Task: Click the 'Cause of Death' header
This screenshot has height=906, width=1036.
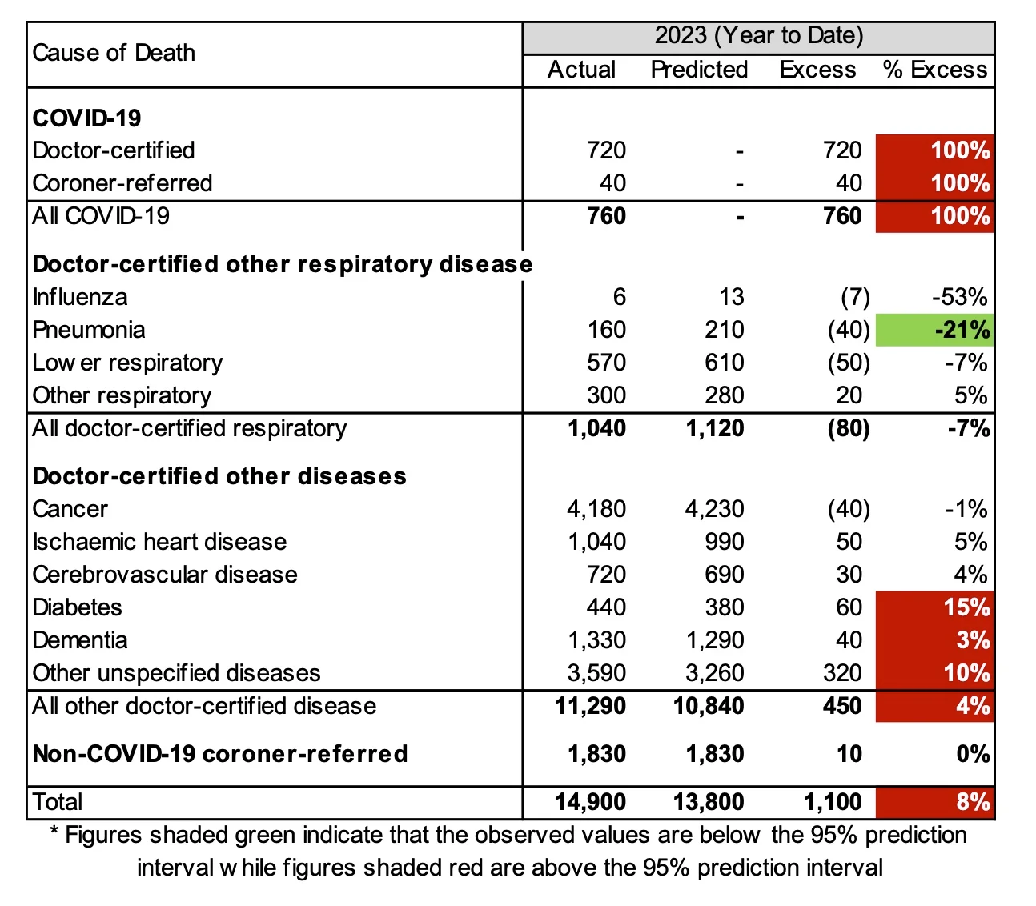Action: click(x=114, y=53)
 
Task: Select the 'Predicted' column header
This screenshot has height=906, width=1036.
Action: click(x=699, y=70)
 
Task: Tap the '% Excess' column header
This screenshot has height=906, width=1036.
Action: click(x=935, y=70)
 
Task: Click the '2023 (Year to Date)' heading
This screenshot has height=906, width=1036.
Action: click(x=758, y=36)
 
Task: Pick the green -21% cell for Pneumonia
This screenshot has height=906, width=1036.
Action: click(x=935, y=330)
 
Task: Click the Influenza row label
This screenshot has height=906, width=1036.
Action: click(x=80, y=297)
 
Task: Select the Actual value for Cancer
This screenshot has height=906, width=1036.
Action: click(x=596, y=509)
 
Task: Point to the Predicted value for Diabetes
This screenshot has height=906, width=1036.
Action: click(x=724, y=607)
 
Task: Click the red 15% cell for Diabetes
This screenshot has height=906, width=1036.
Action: click(x=935, y=607)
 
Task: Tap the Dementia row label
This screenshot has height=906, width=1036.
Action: click(x=80, y=640)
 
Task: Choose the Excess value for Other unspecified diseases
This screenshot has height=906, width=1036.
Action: click(x=842, y=673)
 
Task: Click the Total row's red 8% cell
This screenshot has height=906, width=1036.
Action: click(x=935, y=802)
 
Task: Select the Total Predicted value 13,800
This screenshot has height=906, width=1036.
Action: click(x=715, y=802)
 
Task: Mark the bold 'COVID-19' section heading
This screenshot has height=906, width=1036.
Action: click(x=86, y=118)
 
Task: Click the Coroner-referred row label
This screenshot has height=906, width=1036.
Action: click(x=122, y=183)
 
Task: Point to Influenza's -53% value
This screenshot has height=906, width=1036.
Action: click(x=959, y=297)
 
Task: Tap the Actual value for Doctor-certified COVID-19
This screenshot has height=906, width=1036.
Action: click(x=606, y=150)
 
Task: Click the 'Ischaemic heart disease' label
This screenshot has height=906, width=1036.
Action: click(x=159, y=542)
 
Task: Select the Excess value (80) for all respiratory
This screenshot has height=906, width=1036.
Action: click(x=848, y=428)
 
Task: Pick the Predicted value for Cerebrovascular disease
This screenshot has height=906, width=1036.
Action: click(x=724, y=575)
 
